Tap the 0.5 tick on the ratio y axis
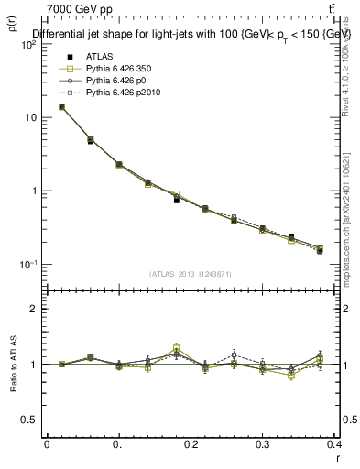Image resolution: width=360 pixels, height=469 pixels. tap(30, 420)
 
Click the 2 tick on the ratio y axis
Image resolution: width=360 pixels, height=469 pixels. tap(34, 309)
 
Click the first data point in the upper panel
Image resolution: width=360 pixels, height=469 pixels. tap(61, 106)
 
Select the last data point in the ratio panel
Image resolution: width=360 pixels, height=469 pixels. tap(320, 359)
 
